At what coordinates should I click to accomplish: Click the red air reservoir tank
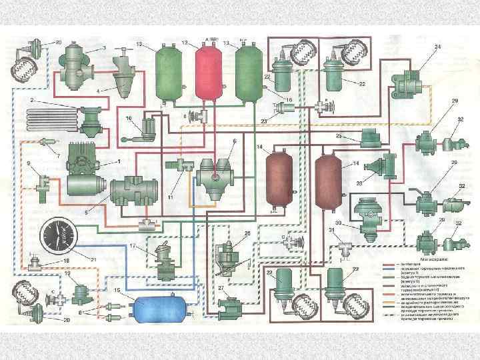click(x=207, y=71)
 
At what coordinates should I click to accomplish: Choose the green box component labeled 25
click(x=373, y=139)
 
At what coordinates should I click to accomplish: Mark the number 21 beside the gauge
click(x=94, y=259)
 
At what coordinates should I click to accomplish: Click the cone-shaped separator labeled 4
click(x=123, y=77)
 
